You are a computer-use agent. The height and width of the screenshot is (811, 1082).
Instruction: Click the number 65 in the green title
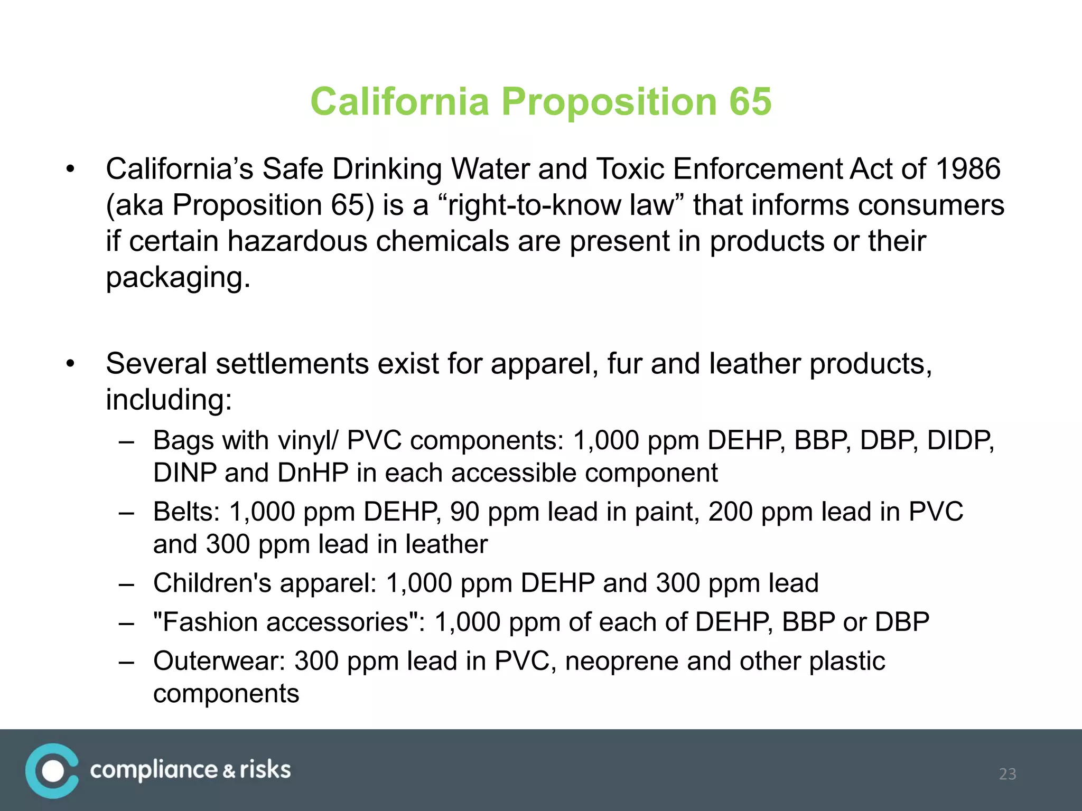[x=750, y=101]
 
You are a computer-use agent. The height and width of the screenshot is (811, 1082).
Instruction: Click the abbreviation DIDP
[x=960, y=440]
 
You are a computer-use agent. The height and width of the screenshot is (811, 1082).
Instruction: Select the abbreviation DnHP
[x=313, y=473]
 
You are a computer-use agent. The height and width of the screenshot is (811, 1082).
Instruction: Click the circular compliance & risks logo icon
[x=52, y=771]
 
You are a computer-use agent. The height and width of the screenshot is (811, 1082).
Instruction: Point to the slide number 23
[x=1008, y=774]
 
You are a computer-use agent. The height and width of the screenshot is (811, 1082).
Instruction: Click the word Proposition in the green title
[x=608, y=101]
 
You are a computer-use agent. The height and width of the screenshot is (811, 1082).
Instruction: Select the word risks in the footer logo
[x=265, y=770]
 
